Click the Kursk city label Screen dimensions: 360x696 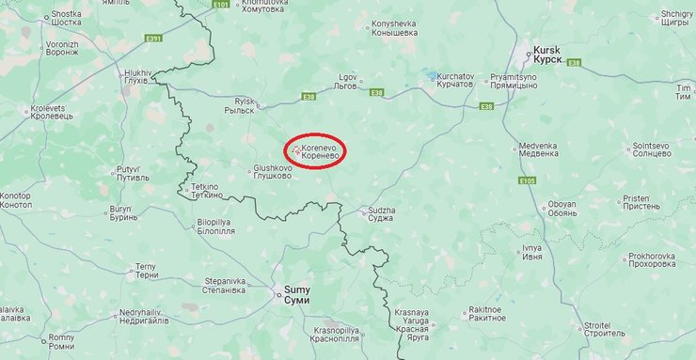pyautogui.click(x=547, y=54)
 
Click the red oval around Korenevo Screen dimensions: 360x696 pyautogui.click(x=316, y=151)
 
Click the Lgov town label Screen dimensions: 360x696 pyautogui.click(x=348, y=81)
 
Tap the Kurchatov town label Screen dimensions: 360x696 pyautogui.click(x=456, y=82)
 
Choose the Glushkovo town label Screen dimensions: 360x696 pyautogui.click(x=273, y=171)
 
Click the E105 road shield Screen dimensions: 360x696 pyautogui.click(x=527, y=180)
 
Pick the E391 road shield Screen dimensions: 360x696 pyautogui.click(x=153, y=39)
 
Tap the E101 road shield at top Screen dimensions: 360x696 pyautogui.click(x=221, y=5)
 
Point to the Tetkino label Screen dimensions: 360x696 pyautogui.click(x=207, y=192)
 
